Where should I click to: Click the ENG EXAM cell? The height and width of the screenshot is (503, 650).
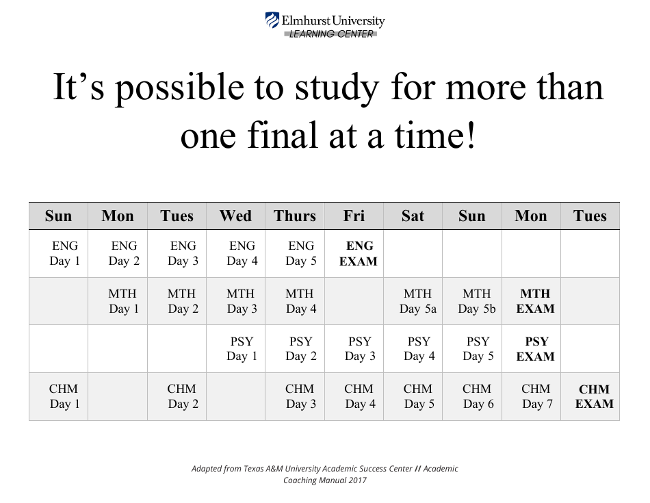click(359, 253)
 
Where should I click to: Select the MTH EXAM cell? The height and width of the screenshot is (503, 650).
click(535, 301)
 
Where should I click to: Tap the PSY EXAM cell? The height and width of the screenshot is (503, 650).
click(535, 349)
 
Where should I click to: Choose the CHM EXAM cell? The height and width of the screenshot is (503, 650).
click(594, 397)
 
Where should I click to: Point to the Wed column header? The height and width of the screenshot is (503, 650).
click(235, 216)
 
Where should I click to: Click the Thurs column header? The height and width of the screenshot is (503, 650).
click(295, 216)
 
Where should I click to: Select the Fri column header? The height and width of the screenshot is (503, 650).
click(354, 216)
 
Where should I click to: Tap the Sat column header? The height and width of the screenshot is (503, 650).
click(413, 216)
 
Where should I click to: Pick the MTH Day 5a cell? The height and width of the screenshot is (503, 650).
click(417, 301)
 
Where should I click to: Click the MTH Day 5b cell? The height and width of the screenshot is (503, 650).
click(476, 301)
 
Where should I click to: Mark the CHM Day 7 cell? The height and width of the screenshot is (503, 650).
click(535, 397)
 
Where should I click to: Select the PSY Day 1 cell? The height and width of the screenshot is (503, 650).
click(241, 349)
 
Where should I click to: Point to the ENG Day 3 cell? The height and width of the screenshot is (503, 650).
click(182, 253)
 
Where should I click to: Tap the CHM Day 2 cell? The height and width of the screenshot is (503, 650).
click(182, 397)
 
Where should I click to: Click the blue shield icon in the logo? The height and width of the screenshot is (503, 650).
click(272, 21)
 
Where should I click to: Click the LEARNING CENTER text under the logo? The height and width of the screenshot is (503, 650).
click(331, 34)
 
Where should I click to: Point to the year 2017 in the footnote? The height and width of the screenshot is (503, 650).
click(355, 480)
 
